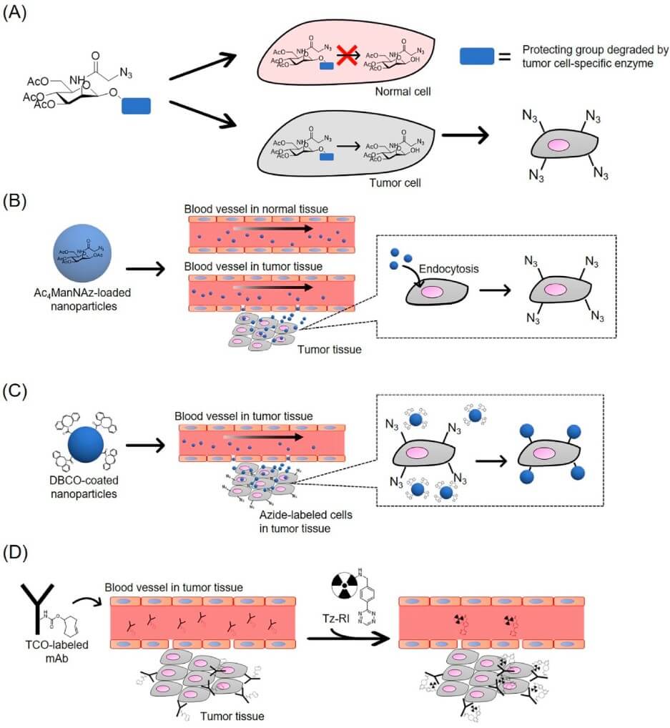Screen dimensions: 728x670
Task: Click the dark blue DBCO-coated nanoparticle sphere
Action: point(88,446)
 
